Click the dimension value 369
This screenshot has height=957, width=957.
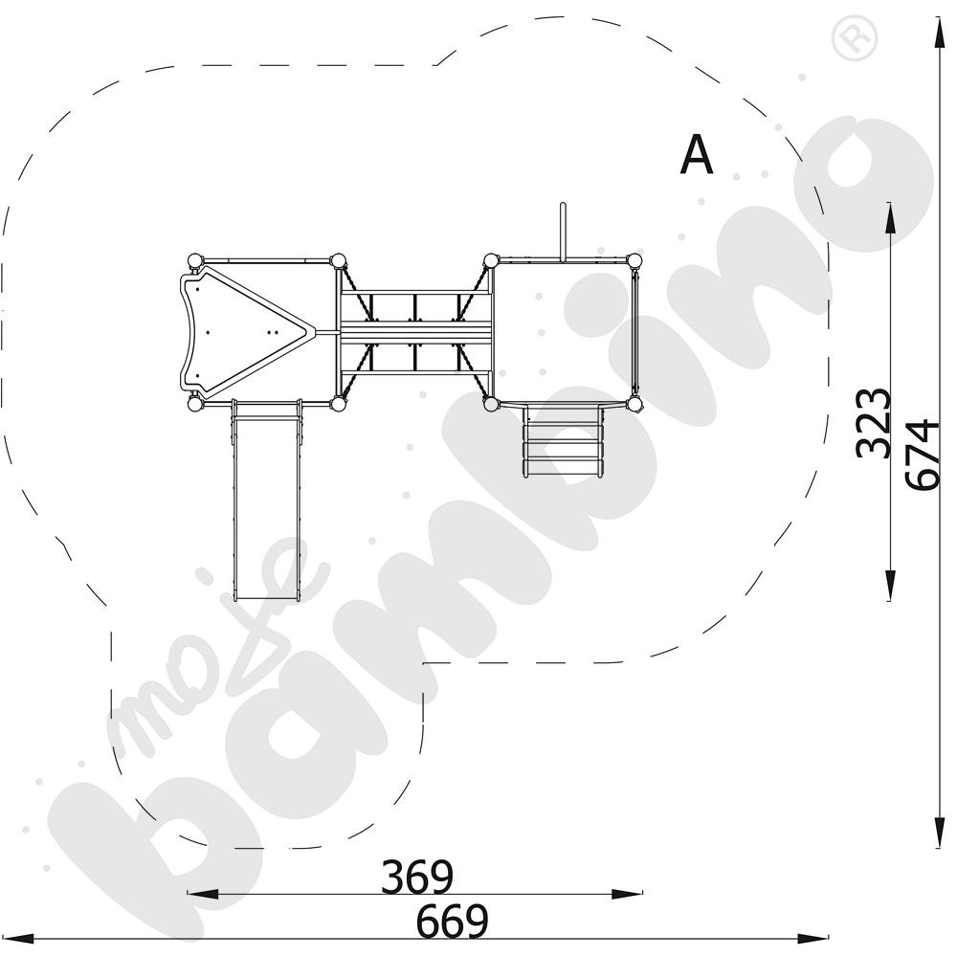tap(417, 877)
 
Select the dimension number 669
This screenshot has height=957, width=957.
tap(453, 921)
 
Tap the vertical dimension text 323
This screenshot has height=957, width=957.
tap(874, 422)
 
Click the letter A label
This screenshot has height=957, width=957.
tap(697, 154)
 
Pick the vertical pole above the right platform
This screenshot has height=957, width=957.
tap(564, 232)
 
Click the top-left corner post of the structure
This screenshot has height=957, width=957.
tap(195, 261)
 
